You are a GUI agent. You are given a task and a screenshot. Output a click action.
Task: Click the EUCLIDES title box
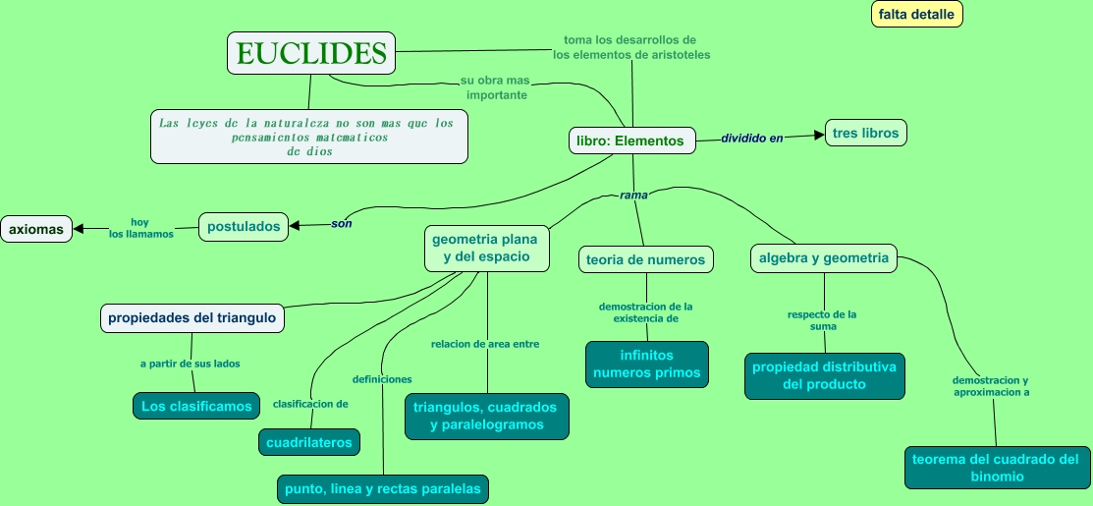pos(311,52)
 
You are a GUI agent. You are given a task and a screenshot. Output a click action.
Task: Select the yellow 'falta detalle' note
pos(916,14)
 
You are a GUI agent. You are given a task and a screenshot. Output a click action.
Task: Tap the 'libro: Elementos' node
pos(632,141)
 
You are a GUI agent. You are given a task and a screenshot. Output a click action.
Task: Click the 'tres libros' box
pos(865,133)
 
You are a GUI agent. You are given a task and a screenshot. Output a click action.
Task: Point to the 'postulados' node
pos(245,226)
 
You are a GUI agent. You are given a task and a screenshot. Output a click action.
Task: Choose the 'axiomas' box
pos(36,229)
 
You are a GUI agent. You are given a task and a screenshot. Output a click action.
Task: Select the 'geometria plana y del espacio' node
pos(486,248)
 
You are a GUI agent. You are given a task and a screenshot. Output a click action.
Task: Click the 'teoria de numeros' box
pos(645,259)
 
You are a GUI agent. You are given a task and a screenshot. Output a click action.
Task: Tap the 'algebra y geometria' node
pos(824,258)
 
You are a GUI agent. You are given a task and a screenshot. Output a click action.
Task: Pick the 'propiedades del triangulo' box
pos(192,318)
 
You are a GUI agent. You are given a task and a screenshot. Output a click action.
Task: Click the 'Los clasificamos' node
pos(196,405)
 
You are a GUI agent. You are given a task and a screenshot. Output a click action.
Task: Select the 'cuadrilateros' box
pos(308,442)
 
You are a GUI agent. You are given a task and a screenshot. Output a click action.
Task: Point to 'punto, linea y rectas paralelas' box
pos(382,488)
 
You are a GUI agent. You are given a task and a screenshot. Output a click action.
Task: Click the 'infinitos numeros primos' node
pos(646,364)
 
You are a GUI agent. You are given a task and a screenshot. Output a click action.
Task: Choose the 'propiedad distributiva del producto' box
pos(824,375)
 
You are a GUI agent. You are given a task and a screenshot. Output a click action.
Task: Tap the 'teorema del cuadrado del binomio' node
pos(995,468)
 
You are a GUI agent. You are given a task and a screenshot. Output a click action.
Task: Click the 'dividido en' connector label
pos(752,139)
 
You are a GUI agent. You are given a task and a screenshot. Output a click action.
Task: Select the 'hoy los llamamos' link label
pos(140,228)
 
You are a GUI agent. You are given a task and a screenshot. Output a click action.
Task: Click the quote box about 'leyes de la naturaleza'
pos(308,136)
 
